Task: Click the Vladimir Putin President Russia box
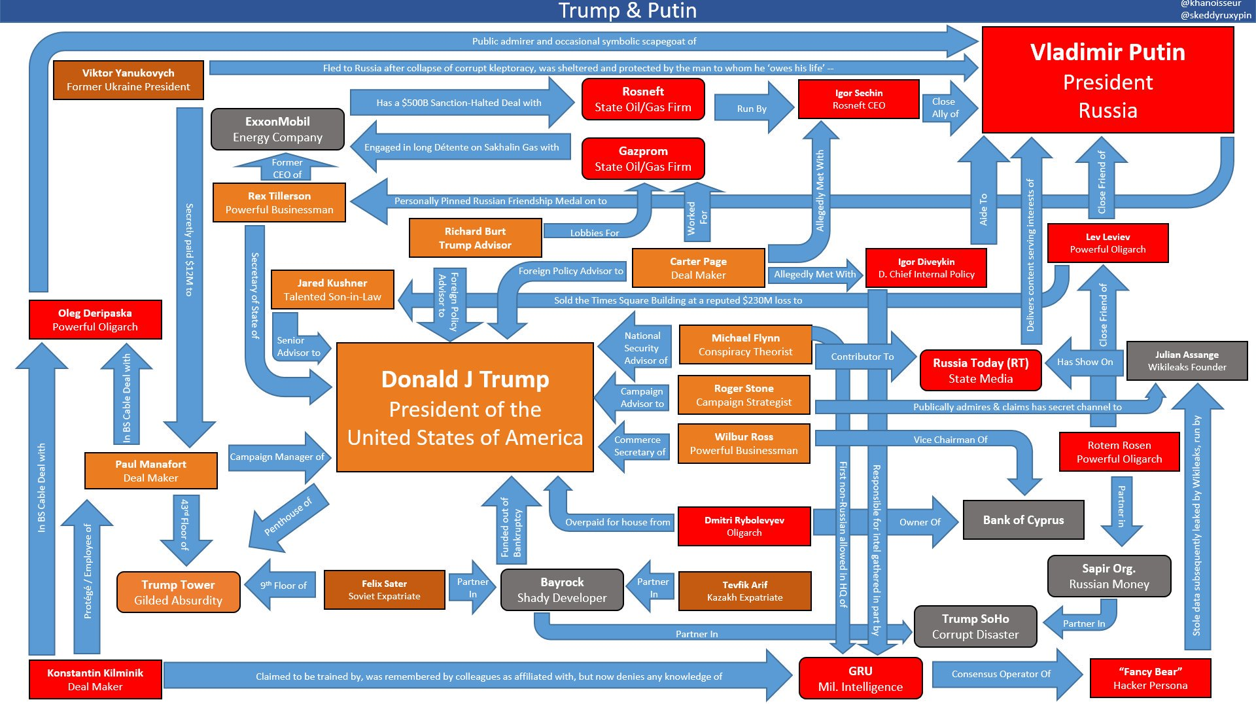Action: tap(1108, 80)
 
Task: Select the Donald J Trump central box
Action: tap(464, 407)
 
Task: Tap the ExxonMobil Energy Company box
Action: tap(277, 129)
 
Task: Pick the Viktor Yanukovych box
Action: tap(128, 80)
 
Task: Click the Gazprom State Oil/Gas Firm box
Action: tap(643, 158)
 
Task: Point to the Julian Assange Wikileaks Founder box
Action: tap(1187, 361)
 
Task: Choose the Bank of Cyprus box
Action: tap(1023, 520)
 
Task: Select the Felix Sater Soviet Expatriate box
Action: tap(384, 590)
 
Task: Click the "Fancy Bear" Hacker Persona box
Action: tap(1150, 678)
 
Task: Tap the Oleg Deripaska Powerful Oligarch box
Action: tap(95, 319)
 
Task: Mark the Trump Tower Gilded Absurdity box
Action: tap(178, 592)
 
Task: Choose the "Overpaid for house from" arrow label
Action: tap(618, 522)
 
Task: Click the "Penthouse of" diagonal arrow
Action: tap(288, 517)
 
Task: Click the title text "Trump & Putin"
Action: tap(627, 10)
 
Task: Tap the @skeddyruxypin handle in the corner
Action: tap(1215, 15)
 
